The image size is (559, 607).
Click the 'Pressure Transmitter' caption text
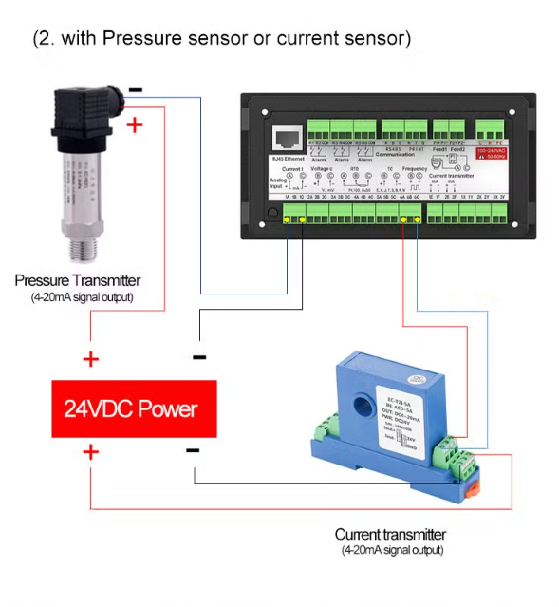click(x=78, y=280)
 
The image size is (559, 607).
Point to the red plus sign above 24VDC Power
click(x=90, y=359)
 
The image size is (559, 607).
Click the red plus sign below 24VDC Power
click(x=90, y=451)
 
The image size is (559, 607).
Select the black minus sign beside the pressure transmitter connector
click(x=136, y=91)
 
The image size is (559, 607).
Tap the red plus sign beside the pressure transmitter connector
click(x=135, y=123)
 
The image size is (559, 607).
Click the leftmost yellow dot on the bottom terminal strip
click(x=289, y=220)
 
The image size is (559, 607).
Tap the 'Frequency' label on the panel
click(x=415, y=169)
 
